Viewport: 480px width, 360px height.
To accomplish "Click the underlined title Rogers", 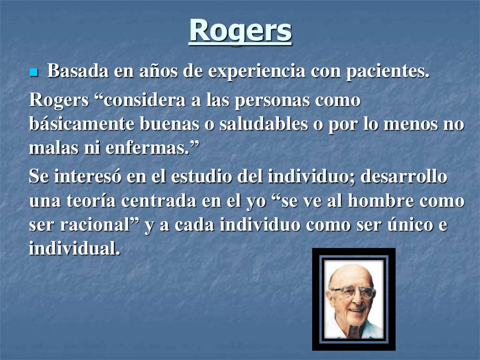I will pyautogui.click(x=240, y=30).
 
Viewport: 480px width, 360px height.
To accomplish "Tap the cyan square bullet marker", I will pyautogui.click(x=33, y=73).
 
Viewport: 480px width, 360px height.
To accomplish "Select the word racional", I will pyautogui.click(x=97, y=225).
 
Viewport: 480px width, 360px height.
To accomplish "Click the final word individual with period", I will pyautogui.click(x=75, y=249).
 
